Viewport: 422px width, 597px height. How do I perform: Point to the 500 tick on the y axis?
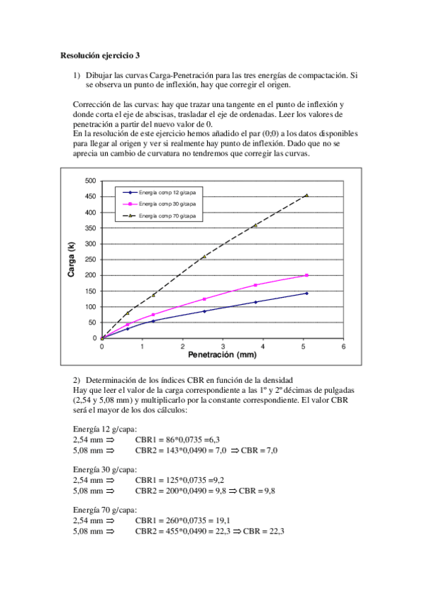point(90,180)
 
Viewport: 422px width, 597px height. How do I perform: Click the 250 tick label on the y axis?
point(90,259)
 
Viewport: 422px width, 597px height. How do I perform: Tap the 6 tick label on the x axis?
point(343,346)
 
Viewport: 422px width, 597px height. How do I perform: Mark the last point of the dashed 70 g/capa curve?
point(306,195)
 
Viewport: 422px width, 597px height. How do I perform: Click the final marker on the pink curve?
point(306,275)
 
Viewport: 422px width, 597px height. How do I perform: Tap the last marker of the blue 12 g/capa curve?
point(306,293)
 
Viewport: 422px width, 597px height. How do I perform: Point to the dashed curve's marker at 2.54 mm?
point(204,256)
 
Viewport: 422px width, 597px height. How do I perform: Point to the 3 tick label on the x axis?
point(223,346)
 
